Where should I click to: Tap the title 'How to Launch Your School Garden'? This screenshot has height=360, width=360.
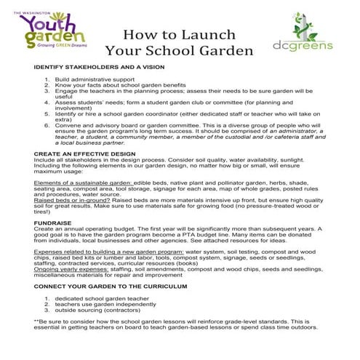click(x=179, y=43)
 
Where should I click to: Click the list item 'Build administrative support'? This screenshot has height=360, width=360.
click(x=95, y=78)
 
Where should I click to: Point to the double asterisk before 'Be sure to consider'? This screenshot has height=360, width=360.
click(x=36, y=321)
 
